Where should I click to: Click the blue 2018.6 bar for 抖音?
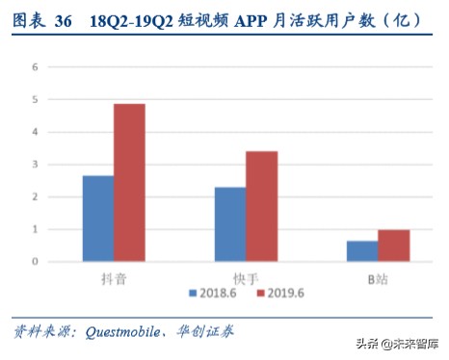point(98,219)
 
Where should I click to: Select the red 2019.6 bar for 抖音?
point(129,183)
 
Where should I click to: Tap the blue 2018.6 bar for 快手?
point(230,224)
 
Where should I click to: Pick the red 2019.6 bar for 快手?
point(261,206)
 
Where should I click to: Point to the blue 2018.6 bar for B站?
point(362,251)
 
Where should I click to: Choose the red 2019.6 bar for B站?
point(393,245)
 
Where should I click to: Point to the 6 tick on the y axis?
point(36,67)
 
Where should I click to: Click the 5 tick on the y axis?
point(36,100)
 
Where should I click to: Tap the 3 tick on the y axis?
point(36,165)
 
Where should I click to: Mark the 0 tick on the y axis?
point(36,262)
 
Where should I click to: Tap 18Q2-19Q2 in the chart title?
point(126,20)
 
